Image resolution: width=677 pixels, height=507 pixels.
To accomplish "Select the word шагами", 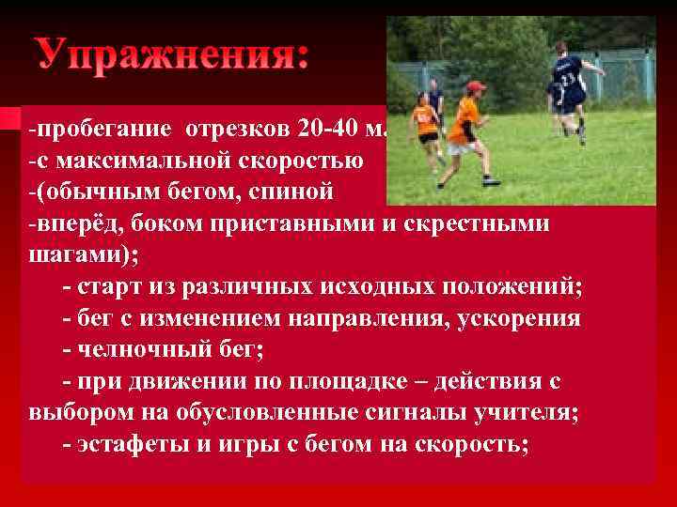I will click(x=70, y=255).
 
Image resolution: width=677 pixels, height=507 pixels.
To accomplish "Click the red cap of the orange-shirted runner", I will click(x=477, y=86).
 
